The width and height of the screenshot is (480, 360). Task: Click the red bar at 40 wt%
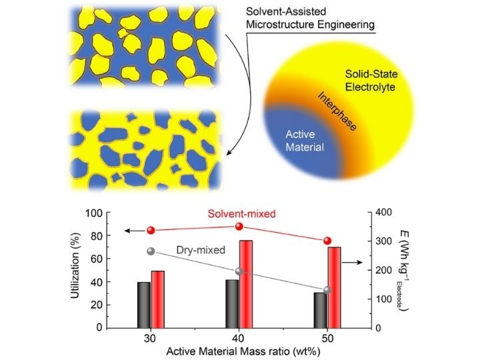(x=246, y=283)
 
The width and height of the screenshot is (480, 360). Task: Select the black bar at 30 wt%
(x=144, y=305)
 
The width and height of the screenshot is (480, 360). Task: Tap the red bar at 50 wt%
(x=334, y=287)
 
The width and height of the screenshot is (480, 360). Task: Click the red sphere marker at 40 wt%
(x=239, y=227)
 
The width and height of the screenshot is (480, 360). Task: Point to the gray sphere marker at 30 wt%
(x=151, y=251)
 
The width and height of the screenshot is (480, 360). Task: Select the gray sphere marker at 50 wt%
(x=327, y=290)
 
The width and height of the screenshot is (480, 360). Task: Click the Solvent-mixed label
(x=232, y=215)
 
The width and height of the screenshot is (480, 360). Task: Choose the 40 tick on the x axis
(x=239, y=338)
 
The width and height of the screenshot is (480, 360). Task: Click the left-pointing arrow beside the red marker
(x=133, y=230)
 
